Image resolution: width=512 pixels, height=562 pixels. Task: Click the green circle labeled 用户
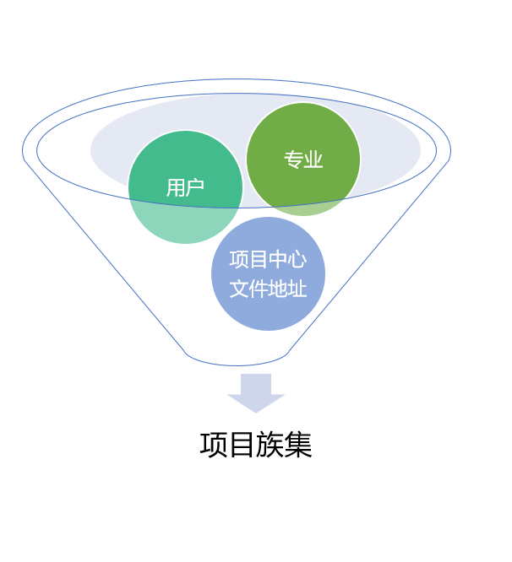click(x=185, y=187)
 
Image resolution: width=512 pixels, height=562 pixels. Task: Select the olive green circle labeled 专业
click(x=303, y=159)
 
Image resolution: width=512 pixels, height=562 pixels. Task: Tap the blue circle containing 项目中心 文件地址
click(x=268, y=274)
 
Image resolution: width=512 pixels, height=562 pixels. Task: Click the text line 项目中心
click(x=268, y=260)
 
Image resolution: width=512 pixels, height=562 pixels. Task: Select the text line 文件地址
click(x=268, y=289)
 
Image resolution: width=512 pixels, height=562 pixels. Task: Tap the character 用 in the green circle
click(x=176, y=187)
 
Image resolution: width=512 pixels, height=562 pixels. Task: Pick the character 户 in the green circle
click(x=195, y=187)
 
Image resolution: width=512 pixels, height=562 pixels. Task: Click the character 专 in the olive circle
click(x=293, y=159)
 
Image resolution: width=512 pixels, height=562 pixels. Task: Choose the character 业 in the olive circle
click(x=313, y=159)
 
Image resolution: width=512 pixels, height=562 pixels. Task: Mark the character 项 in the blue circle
click(x=238, y=260)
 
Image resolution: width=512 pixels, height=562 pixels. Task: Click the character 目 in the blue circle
click(x=258, y=260)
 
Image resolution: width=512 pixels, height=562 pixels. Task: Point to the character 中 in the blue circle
click(x=277, y=260)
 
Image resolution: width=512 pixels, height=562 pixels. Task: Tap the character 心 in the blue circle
click(x=297, y=260)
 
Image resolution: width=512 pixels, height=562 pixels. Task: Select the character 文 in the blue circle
click(x=238, y=289)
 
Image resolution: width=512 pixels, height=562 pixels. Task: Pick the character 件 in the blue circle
click(x=258, y=289)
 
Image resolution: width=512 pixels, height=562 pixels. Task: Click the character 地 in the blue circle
click(x=277, y=289)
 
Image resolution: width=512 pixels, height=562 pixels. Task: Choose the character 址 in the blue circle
click(x=297, y=289)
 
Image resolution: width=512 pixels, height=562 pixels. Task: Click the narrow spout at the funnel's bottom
click(x=237, y=356)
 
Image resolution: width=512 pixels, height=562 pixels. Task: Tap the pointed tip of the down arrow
click(x=256, y=413)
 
